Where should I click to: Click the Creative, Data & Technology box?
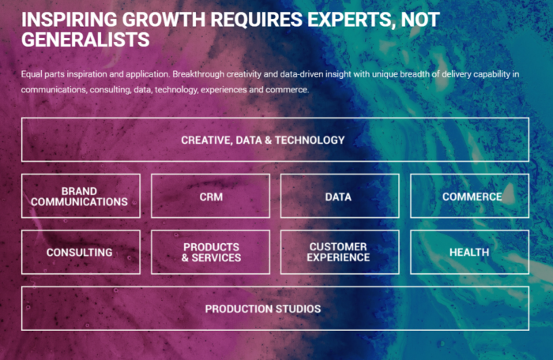(275, 140)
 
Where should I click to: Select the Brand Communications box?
(81, 196)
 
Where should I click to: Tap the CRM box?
(211, 196)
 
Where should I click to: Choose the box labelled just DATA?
(340, 196)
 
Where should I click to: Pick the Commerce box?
(470, 196)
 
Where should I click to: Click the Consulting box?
(81, 252)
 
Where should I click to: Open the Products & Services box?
(211, 252)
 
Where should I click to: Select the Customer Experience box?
(340, 252)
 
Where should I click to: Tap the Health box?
(470, 252)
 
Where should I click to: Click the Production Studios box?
(275, 309)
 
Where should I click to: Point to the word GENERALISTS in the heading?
(85, 39)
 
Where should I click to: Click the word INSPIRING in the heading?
(70, 19)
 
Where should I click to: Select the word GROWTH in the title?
(164, 19)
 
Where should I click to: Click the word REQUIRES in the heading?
(257, 19)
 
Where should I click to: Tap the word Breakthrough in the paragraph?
(198, 74)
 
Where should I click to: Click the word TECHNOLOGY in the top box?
(310, 140)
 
